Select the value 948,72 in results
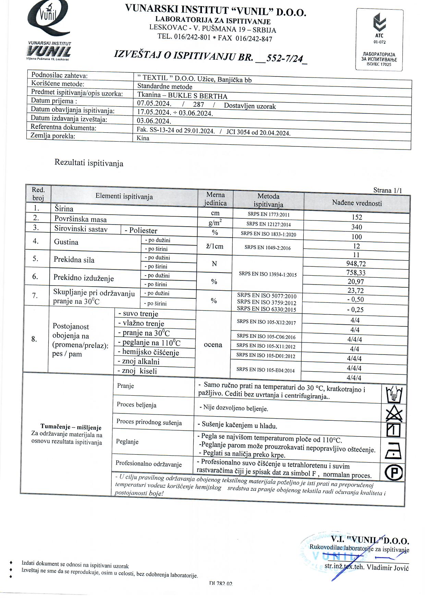[x=356, y=264]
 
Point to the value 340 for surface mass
[x=356, y=227]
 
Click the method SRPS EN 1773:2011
[x=268, y=215]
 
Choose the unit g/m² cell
[x=215, y=223]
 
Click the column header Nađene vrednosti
[x=357, y=203]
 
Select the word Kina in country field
[x=143, y=138]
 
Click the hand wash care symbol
[x=394, y=395]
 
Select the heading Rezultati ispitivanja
[x=89, y=163]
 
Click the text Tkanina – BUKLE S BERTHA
[x=182, y=96]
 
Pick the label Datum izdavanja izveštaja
[x=69, y=119]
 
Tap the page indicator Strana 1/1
[x=387, y=191]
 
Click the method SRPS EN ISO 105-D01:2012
[x=266, y=356]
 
